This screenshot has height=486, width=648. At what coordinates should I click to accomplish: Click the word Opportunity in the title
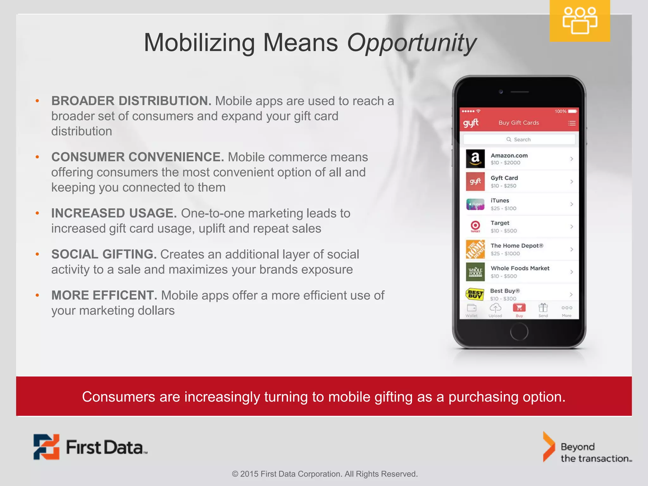411,43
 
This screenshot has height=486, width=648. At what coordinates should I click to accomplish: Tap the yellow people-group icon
580,21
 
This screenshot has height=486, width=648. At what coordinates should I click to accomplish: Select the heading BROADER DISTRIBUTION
131,101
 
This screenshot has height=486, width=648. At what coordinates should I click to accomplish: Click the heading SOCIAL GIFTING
104,254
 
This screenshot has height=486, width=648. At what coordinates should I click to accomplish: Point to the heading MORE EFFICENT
104,296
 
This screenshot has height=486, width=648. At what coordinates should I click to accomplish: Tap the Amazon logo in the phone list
475,159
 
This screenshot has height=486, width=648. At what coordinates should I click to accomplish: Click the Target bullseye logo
475,226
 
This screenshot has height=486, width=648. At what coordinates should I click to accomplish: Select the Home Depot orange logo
475,249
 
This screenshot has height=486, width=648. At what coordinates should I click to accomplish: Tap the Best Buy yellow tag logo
475,294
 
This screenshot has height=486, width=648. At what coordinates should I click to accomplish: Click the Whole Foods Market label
520,268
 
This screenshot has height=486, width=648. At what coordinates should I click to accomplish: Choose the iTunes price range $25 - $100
503,209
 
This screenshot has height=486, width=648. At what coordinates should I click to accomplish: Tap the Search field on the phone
519,140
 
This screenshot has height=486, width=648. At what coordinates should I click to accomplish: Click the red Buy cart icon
519,308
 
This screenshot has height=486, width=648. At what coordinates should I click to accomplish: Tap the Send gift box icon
543,308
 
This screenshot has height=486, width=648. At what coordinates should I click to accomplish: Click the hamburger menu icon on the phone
571,123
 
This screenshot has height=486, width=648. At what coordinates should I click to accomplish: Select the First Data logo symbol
47,447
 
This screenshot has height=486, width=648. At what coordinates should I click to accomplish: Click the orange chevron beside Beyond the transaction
549,447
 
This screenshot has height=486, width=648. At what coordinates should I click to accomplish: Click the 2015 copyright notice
325,474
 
